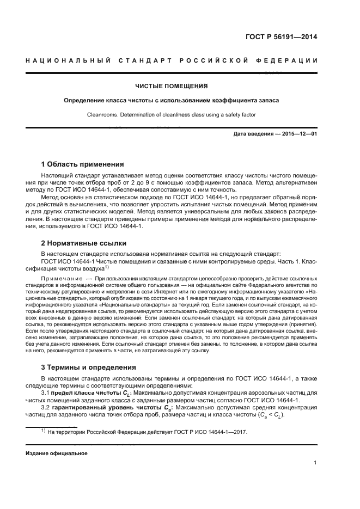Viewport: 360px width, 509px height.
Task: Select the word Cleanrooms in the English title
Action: coord(102,114)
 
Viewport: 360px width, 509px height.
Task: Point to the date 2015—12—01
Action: coord(298,134)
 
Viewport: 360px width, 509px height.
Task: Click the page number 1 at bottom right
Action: coord(315,463)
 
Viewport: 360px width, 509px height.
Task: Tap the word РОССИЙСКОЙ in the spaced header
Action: coord(210,60)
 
